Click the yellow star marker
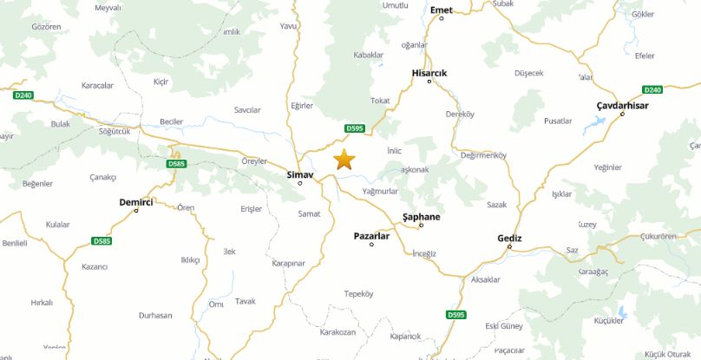(344, 159)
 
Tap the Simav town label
(299, 173)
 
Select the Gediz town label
(509, 238)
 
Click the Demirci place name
(136, 201)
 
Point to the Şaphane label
(422, 217)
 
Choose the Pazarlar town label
(372, 235)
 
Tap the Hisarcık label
(429, 73)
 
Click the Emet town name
(442, 10)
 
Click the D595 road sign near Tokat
(355, 128)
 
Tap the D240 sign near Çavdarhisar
(652, 89)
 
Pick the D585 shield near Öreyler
(176, 163)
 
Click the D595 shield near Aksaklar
(456, 314)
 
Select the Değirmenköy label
(483, 155)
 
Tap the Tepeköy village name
(358, 293)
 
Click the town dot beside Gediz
(509, 246)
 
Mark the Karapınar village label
(288, 262)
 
